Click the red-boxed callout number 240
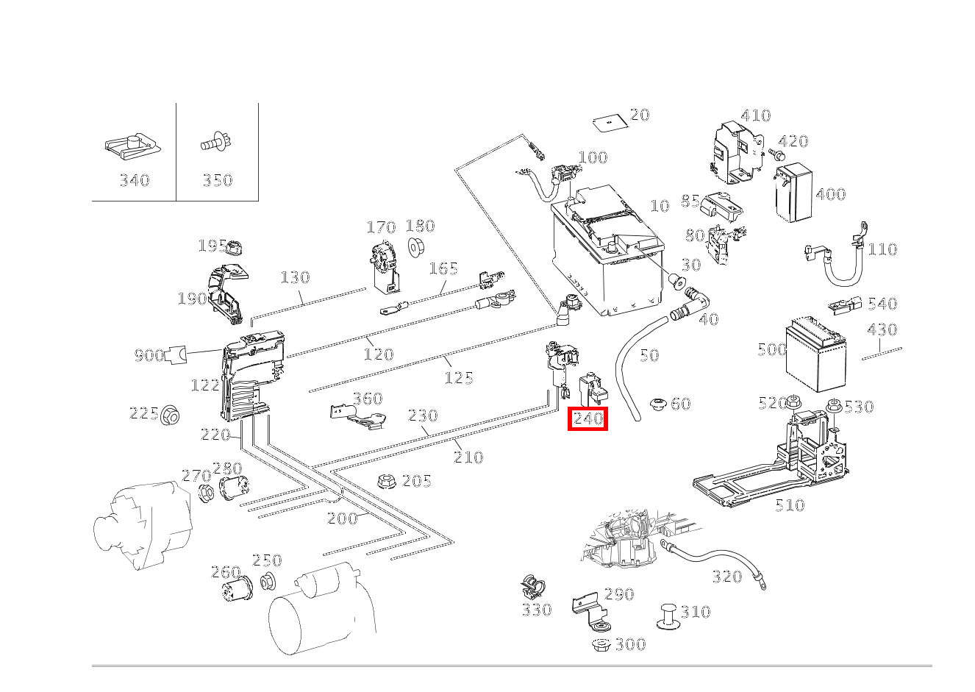point(587,419)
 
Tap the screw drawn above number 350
point(216,143)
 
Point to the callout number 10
point(660,206)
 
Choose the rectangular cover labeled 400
point(793,194)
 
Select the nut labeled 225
point(171,415)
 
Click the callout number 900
point(149,356)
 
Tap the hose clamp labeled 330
point(532,587)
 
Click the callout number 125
point(459,378)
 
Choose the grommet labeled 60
point(657,404)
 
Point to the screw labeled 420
point(776,154)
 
